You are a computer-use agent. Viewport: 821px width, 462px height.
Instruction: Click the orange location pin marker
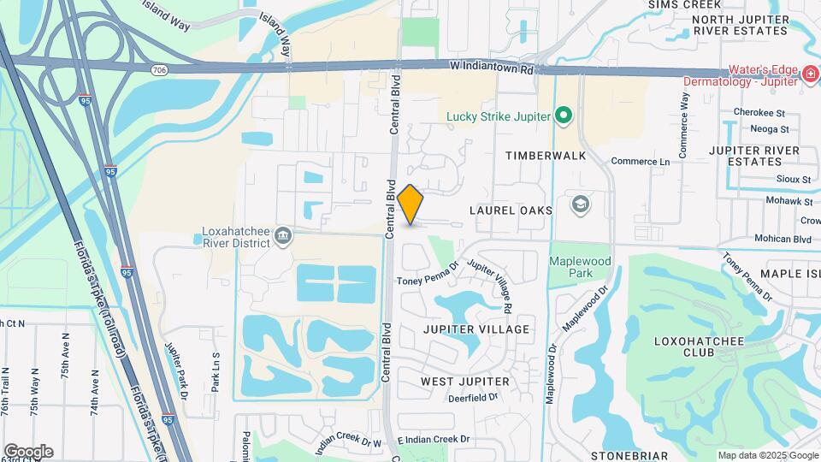point(410,204)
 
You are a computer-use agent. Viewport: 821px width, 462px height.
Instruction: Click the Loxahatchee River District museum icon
point(284,235)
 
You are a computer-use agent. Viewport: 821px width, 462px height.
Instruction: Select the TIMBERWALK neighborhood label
point(546,157)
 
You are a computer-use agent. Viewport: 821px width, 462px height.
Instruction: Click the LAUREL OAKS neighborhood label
point(513,210)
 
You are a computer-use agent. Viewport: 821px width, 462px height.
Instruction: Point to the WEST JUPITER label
point(465,381)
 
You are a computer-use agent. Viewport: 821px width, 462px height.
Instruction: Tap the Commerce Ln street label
point(641,161)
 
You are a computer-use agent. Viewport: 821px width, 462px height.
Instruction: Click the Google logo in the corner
point(28,452)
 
